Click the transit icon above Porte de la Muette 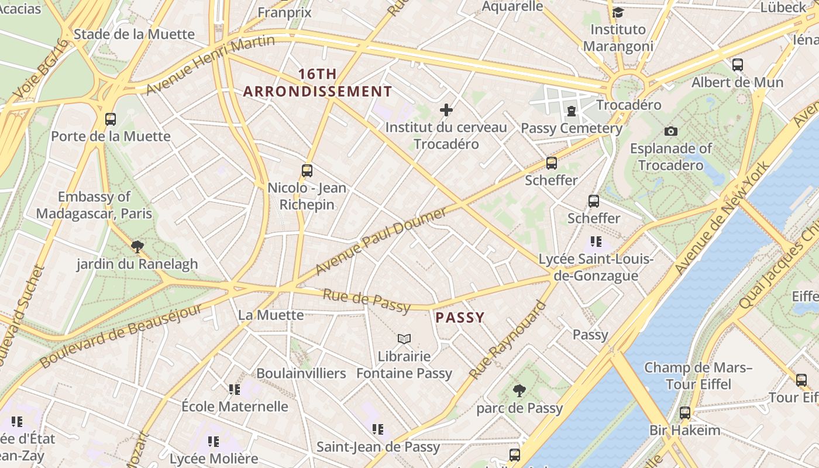click(x=111, y=119)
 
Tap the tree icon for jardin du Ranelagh click(x=137, y=247)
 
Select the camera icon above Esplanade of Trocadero click(x=670, y=131)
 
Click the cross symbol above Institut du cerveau click(x=446, y=110)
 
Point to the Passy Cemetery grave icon click(x=571, y=111)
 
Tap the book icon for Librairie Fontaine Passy click(x=404, y=339)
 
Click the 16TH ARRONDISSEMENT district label click(x=318, y=83)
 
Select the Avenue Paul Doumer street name click(x=381, y=240)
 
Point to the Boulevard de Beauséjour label click(x=121, y=335)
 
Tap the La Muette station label click(x=271, y=315)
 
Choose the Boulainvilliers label click(x=301, y=373)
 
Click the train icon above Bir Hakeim click(x=685, y=413)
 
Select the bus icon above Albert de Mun click(x=738, y=65)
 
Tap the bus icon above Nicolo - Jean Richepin click(x=307, y=171)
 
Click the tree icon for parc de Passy click(x=519, y=391)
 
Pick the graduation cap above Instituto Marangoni click(x=618, y=12)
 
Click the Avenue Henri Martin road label click(x=210, y=64)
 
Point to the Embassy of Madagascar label click(x=94, y=205)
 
